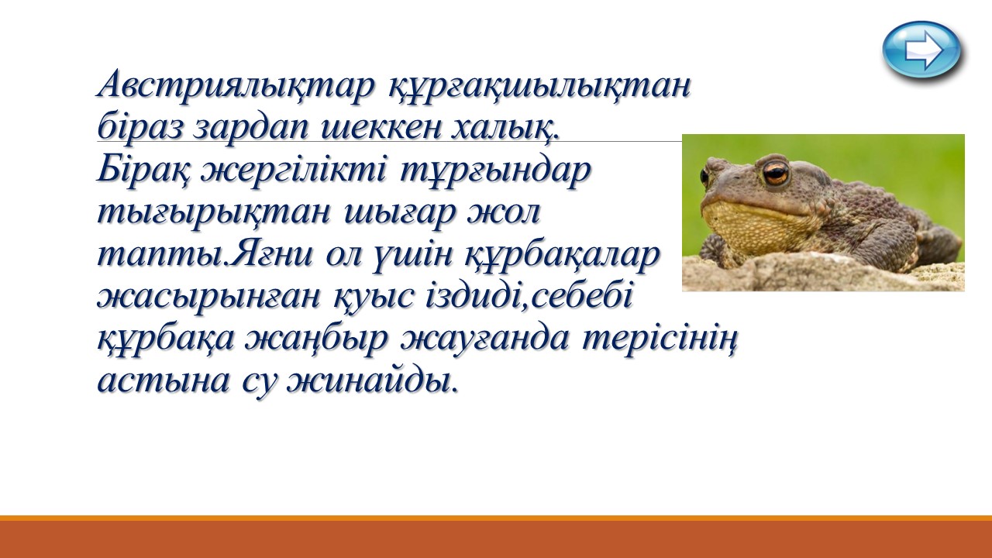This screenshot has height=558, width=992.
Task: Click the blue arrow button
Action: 921,50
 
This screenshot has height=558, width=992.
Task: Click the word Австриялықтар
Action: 236,85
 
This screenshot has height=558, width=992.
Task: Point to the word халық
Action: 505,128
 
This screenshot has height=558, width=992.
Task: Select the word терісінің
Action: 660,340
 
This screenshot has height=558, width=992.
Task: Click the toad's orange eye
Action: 776,173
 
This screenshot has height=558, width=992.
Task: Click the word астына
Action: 164,381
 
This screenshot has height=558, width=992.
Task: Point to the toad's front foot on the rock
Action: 714,252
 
